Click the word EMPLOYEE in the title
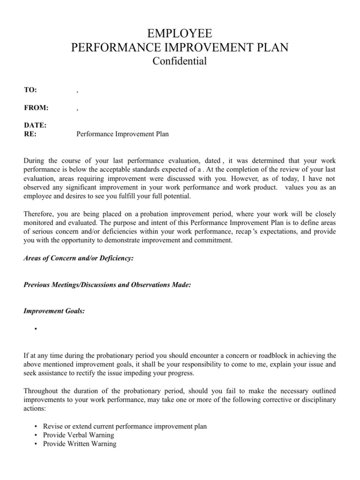coord(180,34)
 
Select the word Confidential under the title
coord(180,61)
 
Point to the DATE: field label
coord(35,125)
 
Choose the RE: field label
coord(30,134)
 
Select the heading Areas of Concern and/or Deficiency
coord(78,258)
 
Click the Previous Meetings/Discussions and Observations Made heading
coord(107,285)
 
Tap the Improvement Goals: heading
coord(54,311)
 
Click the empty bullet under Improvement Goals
coord(35,330)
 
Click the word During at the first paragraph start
coord(34,161)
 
